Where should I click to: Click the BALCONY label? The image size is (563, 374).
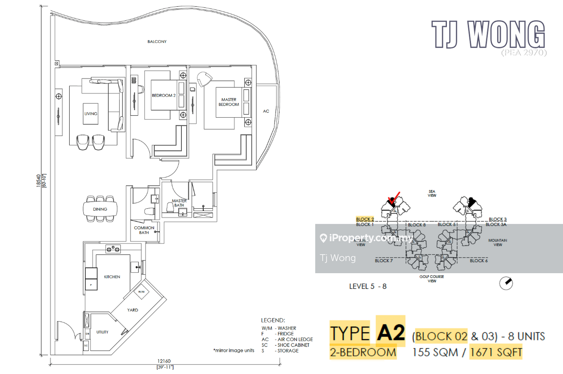tap(157, 41)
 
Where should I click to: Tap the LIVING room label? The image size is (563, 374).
tap(91, 114)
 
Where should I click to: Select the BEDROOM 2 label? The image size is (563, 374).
tap(163, 95)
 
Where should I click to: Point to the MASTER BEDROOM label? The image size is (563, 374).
tap(229, 102)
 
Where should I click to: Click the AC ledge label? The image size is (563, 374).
tap(266, 111)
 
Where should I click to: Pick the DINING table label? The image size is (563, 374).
tap(100, 209)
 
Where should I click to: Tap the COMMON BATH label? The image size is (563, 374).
tap(144, 230)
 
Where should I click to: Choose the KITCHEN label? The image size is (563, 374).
tap(112, 277)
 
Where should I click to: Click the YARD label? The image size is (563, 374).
tap(133, 310)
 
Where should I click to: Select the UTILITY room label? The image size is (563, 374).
tap(102, 332)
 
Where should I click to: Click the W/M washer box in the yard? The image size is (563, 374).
tap(141, 292)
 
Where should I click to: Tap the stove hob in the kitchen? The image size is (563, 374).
tap(113, 249)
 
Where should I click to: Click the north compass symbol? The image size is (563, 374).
tap(506, 283)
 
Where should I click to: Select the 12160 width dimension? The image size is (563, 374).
tap(164, 361)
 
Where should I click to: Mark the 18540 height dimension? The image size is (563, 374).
tap(39, 181)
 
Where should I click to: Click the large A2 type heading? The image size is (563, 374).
tap(391, 333)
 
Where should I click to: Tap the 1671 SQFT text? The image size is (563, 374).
tap(496, 352)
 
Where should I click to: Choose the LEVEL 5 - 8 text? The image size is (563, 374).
tap(368, 286)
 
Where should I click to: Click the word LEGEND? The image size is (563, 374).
tap(273, 320)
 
